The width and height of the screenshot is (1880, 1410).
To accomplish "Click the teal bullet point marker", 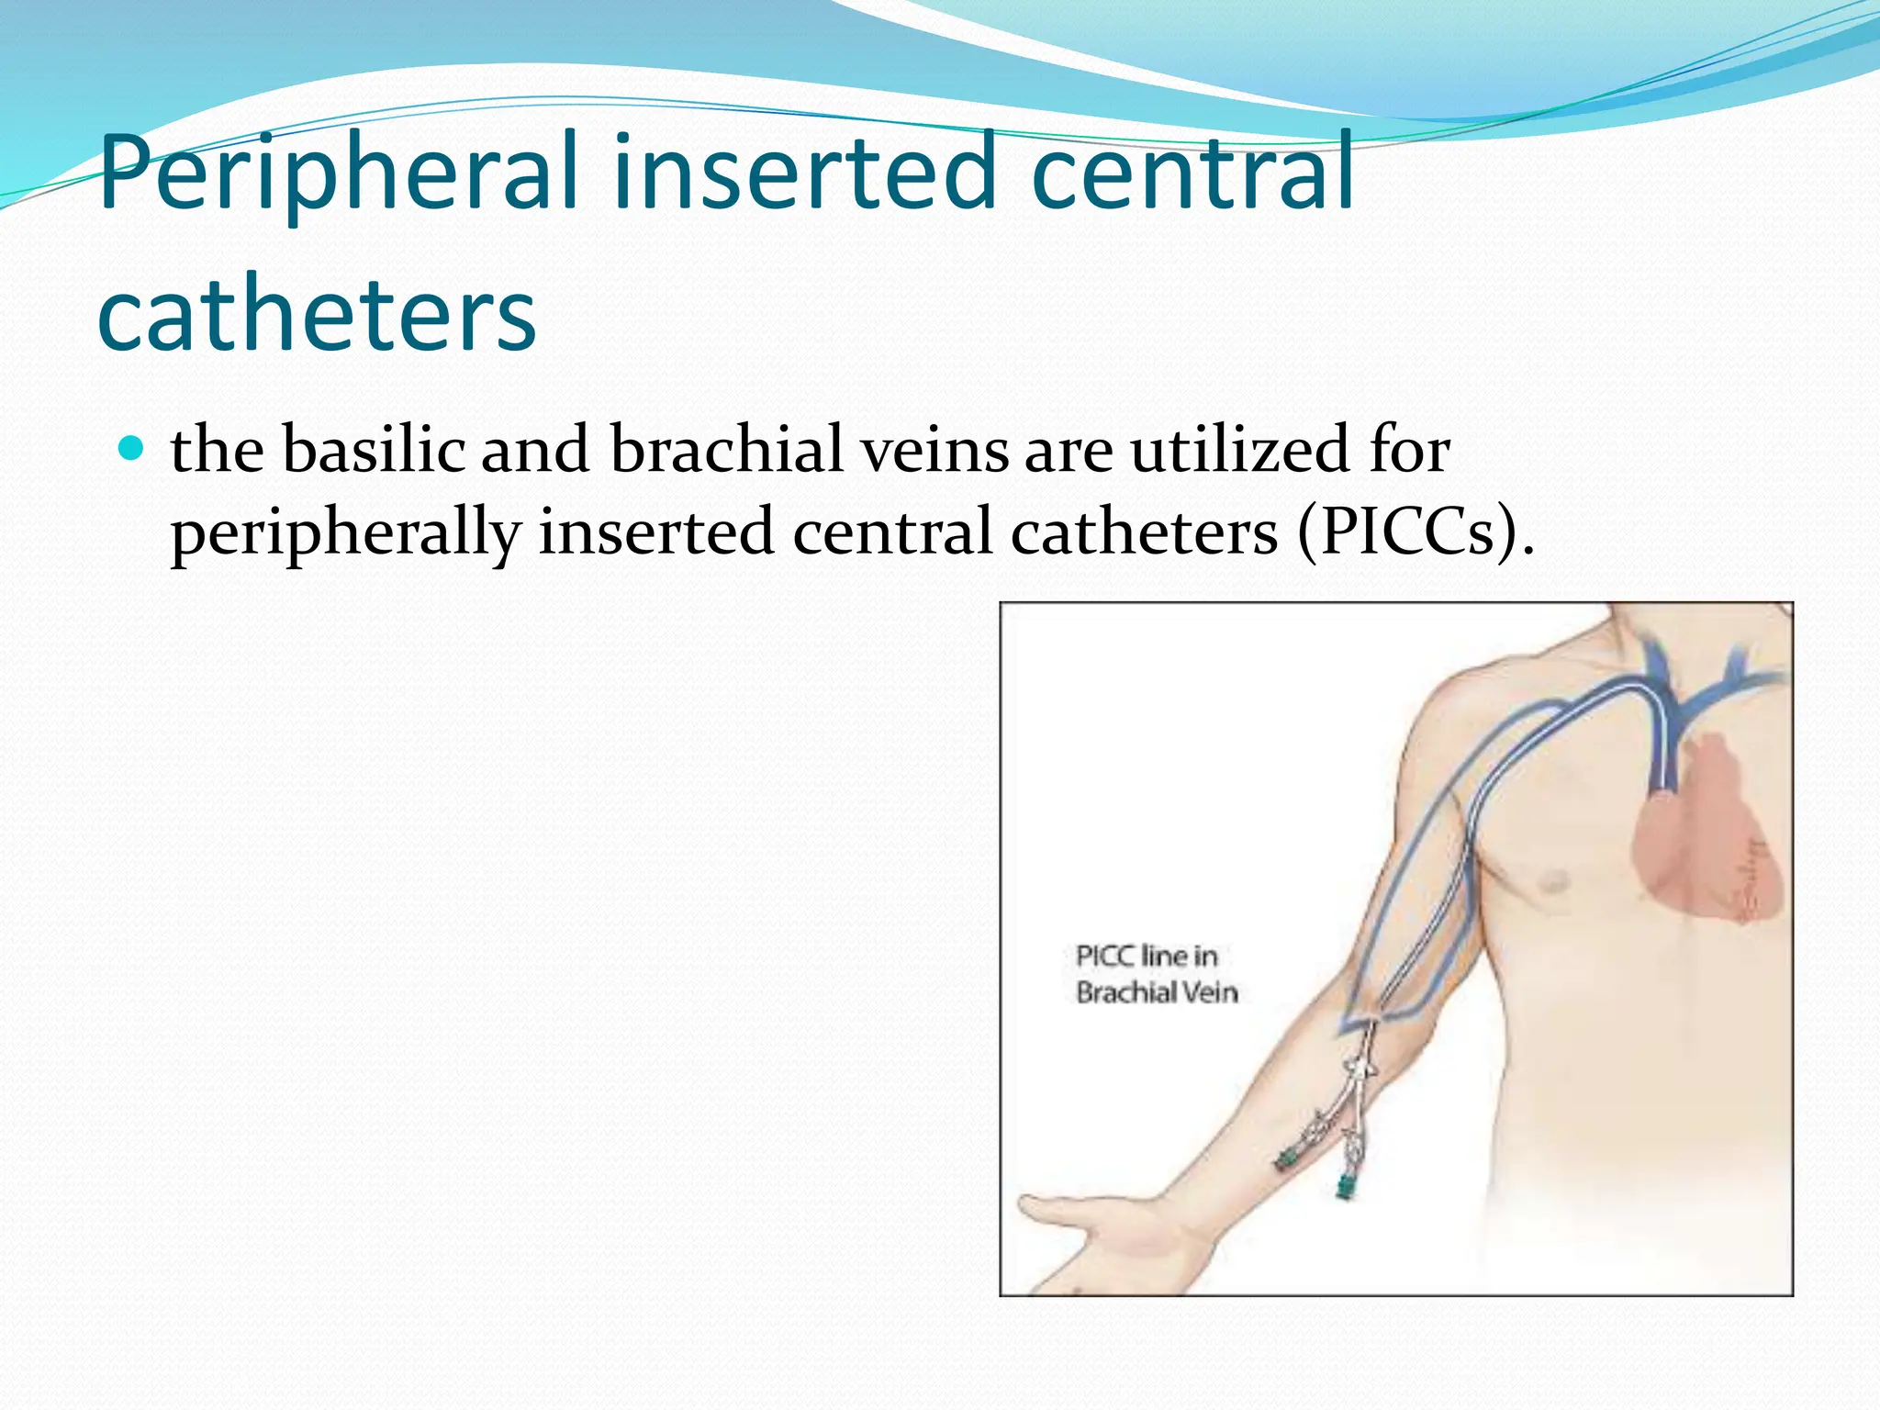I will pos(134,449).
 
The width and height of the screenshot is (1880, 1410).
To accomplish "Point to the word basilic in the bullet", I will pos(373,449).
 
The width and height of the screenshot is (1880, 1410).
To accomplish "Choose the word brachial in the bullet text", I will pos(725,449).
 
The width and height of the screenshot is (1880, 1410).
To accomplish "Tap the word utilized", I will pos(1239,449).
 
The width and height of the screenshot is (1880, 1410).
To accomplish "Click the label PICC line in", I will pos(1147,957).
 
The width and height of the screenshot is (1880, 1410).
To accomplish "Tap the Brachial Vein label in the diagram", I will pos(1157,992).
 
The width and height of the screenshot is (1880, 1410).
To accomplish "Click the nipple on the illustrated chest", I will pos(1552,882).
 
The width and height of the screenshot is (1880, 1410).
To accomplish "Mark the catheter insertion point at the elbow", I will pos(1372,1024).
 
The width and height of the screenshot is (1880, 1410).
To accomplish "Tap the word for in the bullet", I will pos(1409,449).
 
